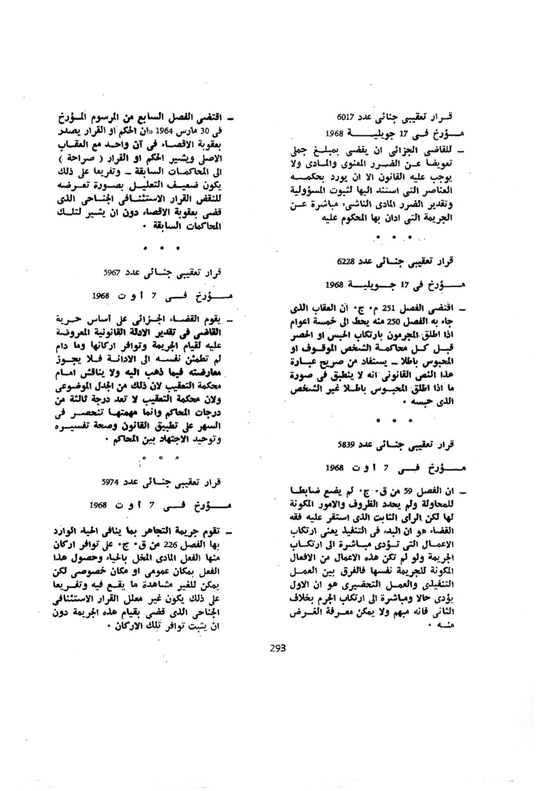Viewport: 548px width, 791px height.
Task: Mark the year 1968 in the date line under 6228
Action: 334,284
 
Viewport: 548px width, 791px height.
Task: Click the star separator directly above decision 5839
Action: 395,421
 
